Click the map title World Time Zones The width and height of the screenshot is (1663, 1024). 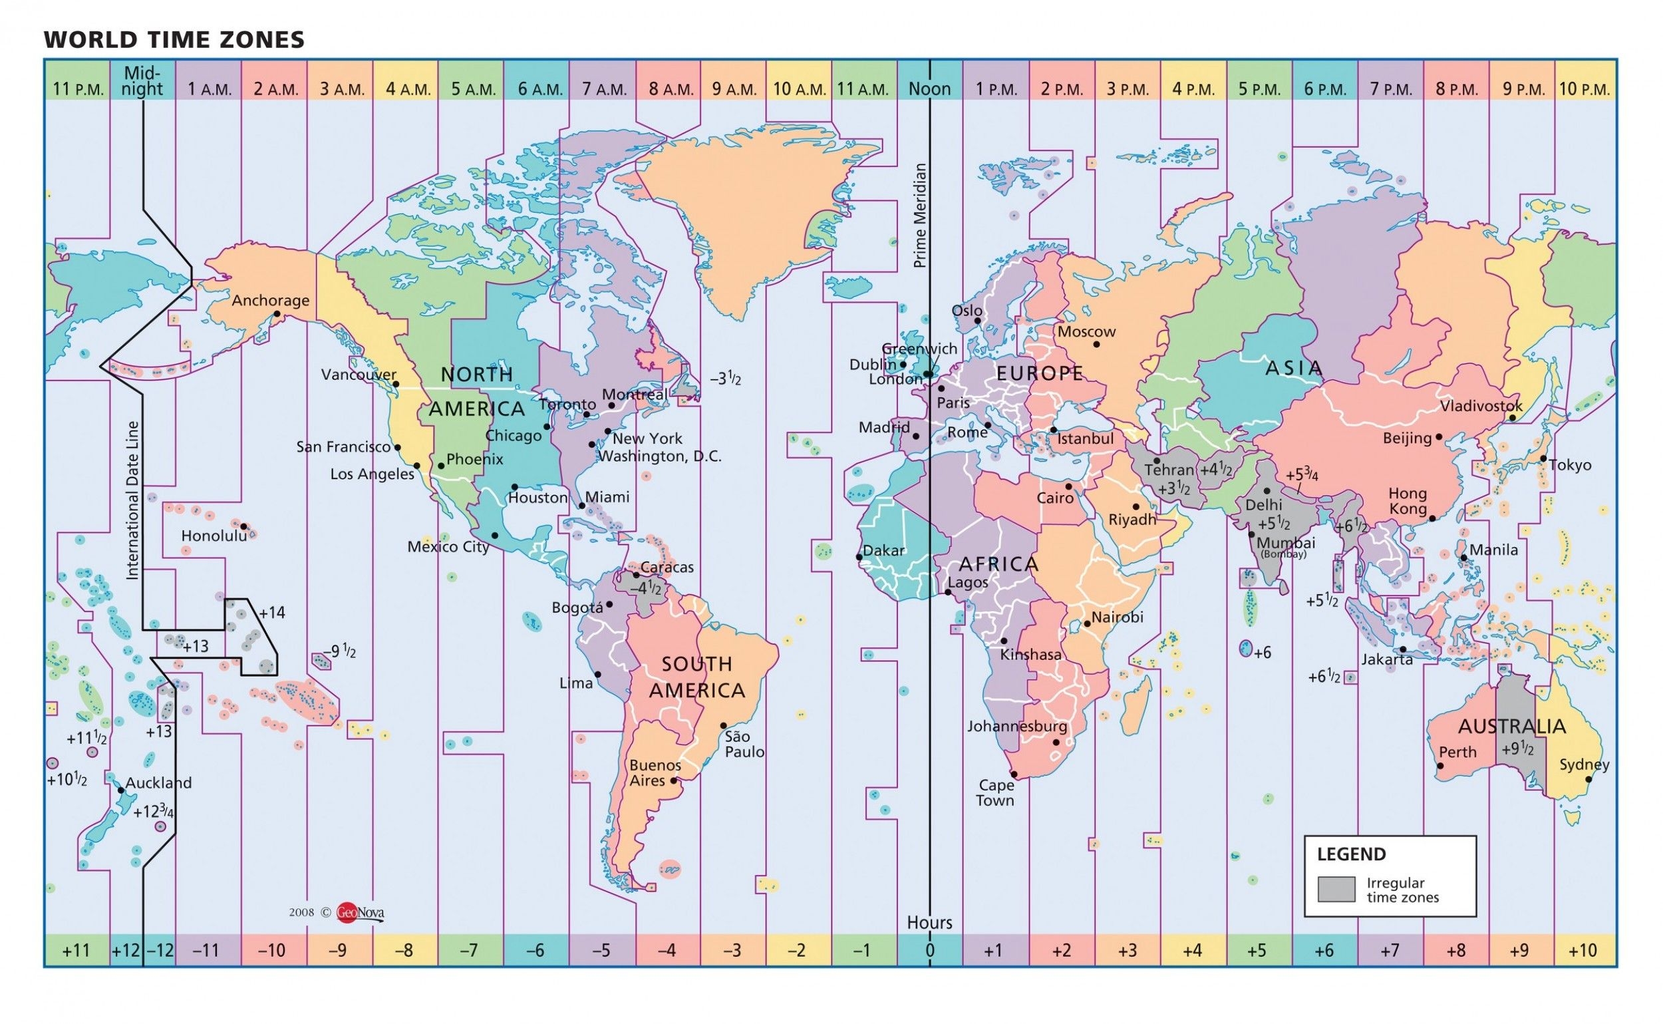click(174, 40)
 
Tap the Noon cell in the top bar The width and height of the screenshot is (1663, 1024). click(929, 88)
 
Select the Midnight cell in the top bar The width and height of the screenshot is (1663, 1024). click(143, 81)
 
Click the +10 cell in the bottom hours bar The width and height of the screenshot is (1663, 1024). click(1583, 950)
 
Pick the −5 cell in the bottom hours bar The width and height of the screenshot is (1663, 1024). click(601, 950)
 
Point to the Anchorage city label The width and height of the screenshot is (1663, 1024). click(270, 300)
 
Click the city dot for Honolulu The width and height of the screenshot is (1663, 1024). click(243, 526)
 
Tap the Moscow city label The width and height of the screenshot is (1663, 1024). click(1086, 332)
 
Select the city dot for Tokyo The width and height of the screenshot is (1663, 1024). click(1543, 458)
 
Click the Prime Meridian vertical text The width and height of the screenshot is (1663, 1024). click(919, 216)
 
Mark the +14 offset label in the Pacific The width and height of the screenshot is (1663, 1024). click(271, 613)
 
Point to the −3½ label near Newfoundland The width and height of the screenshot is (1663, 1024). click(725, 379)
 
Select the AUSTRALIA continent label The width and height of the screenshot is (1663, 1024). click(1511, 727)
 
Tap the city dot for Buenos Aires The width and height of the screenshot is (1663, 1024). click(673, 780)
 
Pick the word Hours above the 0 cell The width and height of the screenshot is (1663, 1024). click(929, 922)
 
